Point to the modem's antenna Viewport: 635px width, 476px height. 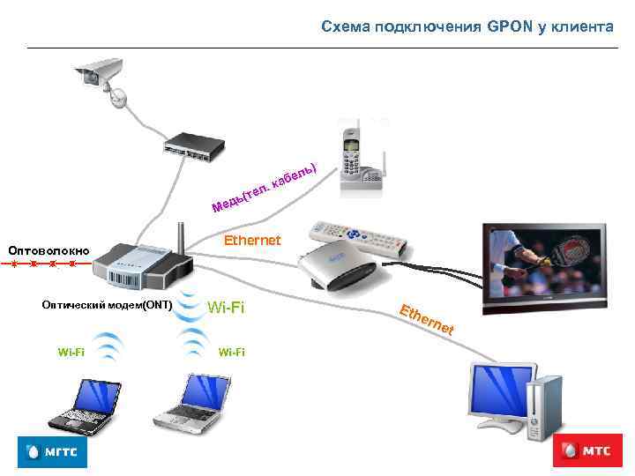[x=180, y=234]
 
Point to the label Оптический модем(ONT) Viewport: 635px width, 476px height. [x=107, y=305]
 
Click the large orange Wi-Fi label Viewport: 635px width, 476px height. [x=225, y=308]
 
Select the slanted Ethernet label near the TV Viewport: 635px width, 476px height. [x=427, y=320]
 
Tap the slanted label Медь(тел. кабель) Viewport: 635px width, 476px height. [x=264, y=187]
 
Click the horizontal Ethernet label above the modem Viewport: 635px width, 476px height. [x=252, y=240]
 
